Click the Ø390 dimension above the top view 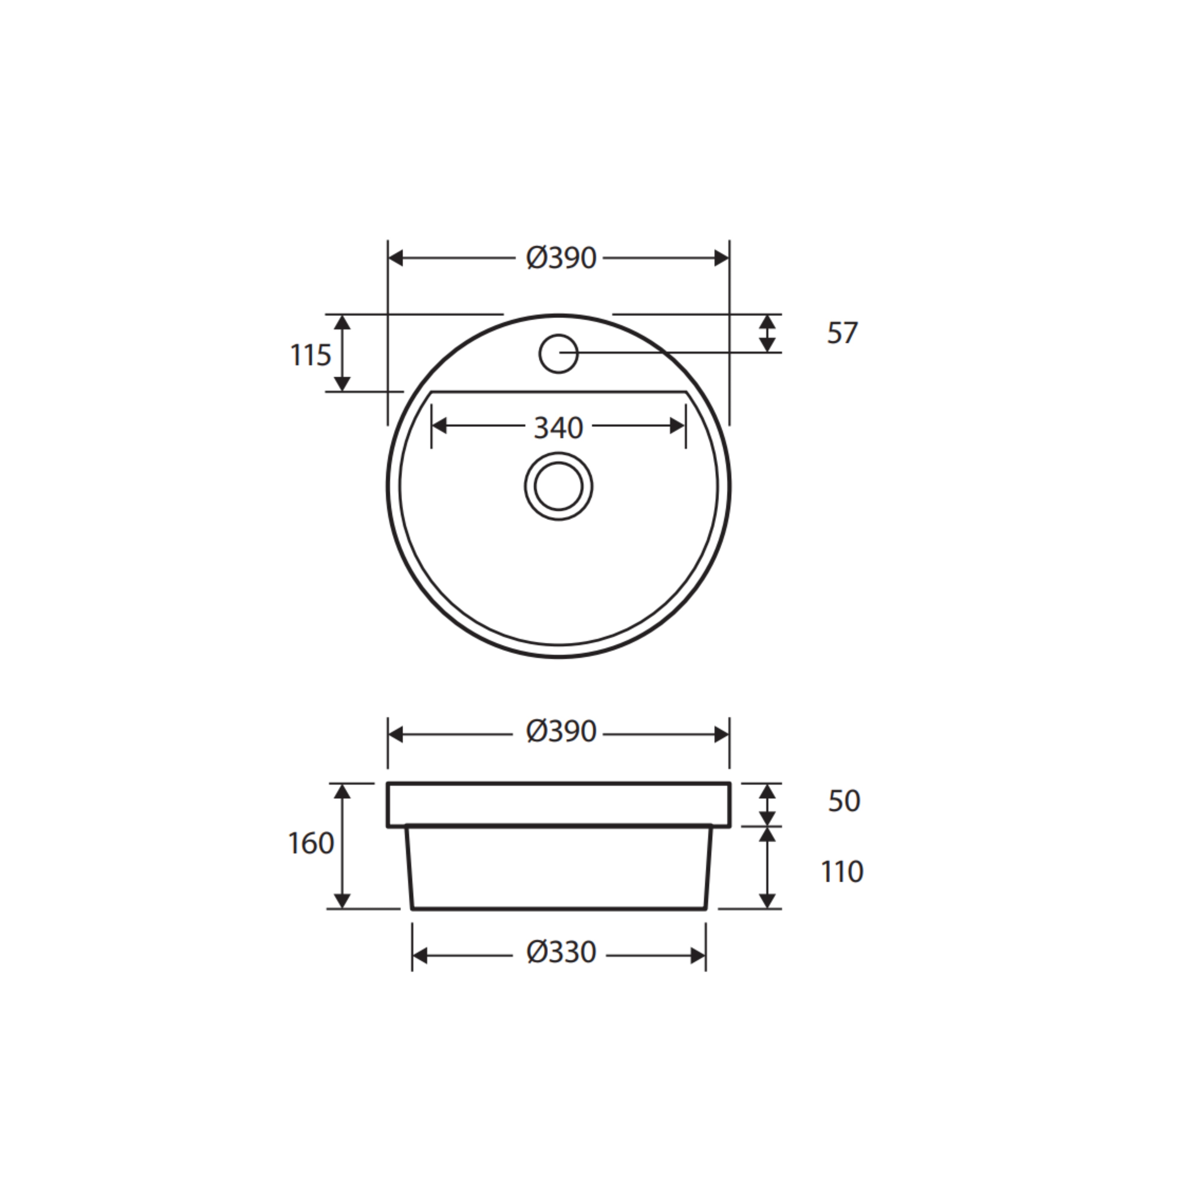560,259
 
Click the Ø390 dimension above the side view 560,732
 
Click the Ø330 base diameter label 560,953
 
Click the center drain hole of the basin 558,486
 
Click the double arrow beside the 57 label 767,333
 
